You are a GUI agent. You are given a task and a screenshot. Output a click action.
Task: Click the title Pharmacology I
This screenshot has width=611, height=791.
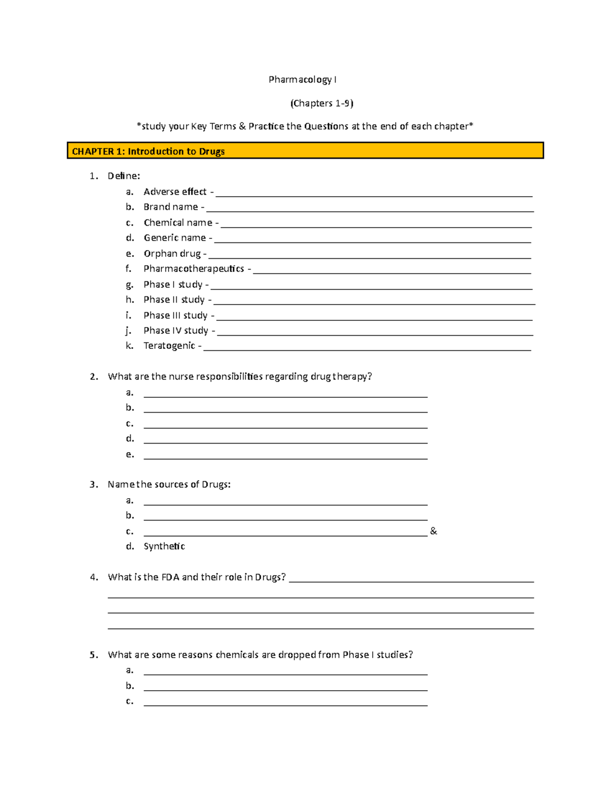(x=302, y=79)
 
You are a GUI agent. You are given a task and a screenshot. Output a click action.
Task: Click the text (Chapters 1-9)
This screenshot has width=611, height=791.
(x=322, y=103)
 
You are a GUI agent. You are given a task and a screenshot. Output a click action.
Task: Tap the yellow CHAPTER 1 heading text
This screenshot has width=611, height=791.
(x=148, y=151)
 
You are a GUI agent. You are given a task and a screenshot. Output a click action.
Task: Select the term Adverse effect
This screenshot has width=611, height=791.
(x=175, y=192)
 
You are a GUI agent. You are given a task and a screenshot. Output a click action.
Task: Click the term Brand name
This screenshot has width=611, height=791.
(x=171, y=207)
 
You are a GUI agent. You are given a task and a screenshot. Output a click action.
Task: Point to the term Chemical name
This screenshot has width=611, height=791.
(x=178, y=223)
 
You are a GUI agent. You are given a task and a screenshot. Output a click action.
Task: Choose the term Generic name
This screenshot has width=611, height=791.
(x=175, y=238)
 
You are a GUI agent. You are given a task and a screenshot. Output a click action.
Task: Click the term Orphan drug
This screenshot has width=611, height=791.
(x=172, y=254)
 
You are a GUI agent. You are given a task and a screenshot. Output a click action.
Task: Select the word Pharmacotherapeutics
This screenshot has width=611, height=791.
(x=193, y=268)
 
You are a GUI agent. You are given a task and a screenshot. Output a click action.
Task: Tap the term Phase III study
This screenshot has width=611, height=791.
(x=175, y=315)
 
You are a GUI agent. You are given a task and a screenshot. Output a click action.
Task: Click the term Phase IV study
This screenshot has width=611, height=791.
(x=176, y=331)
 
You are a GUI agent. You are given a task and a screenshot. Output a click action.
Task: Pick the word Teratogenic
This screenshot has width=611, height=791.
(x=169, y=346)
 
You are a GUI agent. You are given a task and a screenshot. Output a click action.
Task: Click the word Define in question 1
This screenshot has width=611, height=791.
(x=123, y=176)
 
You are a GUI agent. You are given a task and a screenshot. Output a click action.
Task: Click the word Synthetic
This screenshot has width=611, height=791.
(x=164, y=546)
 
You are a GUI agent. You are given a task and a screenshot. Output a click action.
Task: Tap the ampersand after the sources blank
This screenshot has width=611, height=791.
(x=433, y=531)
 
